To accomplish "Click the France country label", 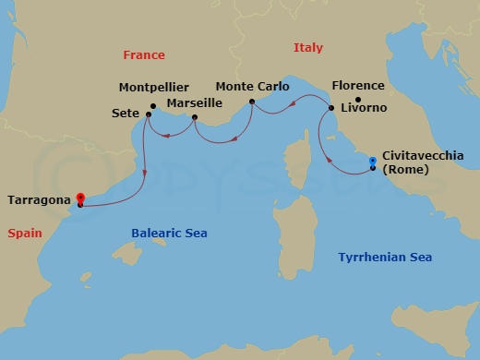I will (x=144, y=55).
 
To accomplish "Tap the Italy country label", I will (x=308, y=48).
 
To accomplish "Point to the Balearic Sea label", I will (x=169, y=234).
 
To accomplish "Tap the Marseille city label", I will (x=195, y=103).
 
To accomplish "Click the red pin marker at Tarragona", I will (x=80, y=197).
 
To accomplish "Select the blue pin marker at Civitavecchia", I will (x=372, y=161).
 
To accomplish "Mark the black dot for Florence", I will (x=358, y=99).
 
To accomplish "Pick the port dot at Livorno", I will (x=330, y=109).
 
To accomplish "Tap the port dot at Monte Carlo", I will (x=252, y=101).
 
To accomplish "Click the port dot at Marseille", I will (x=194, y=117).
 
